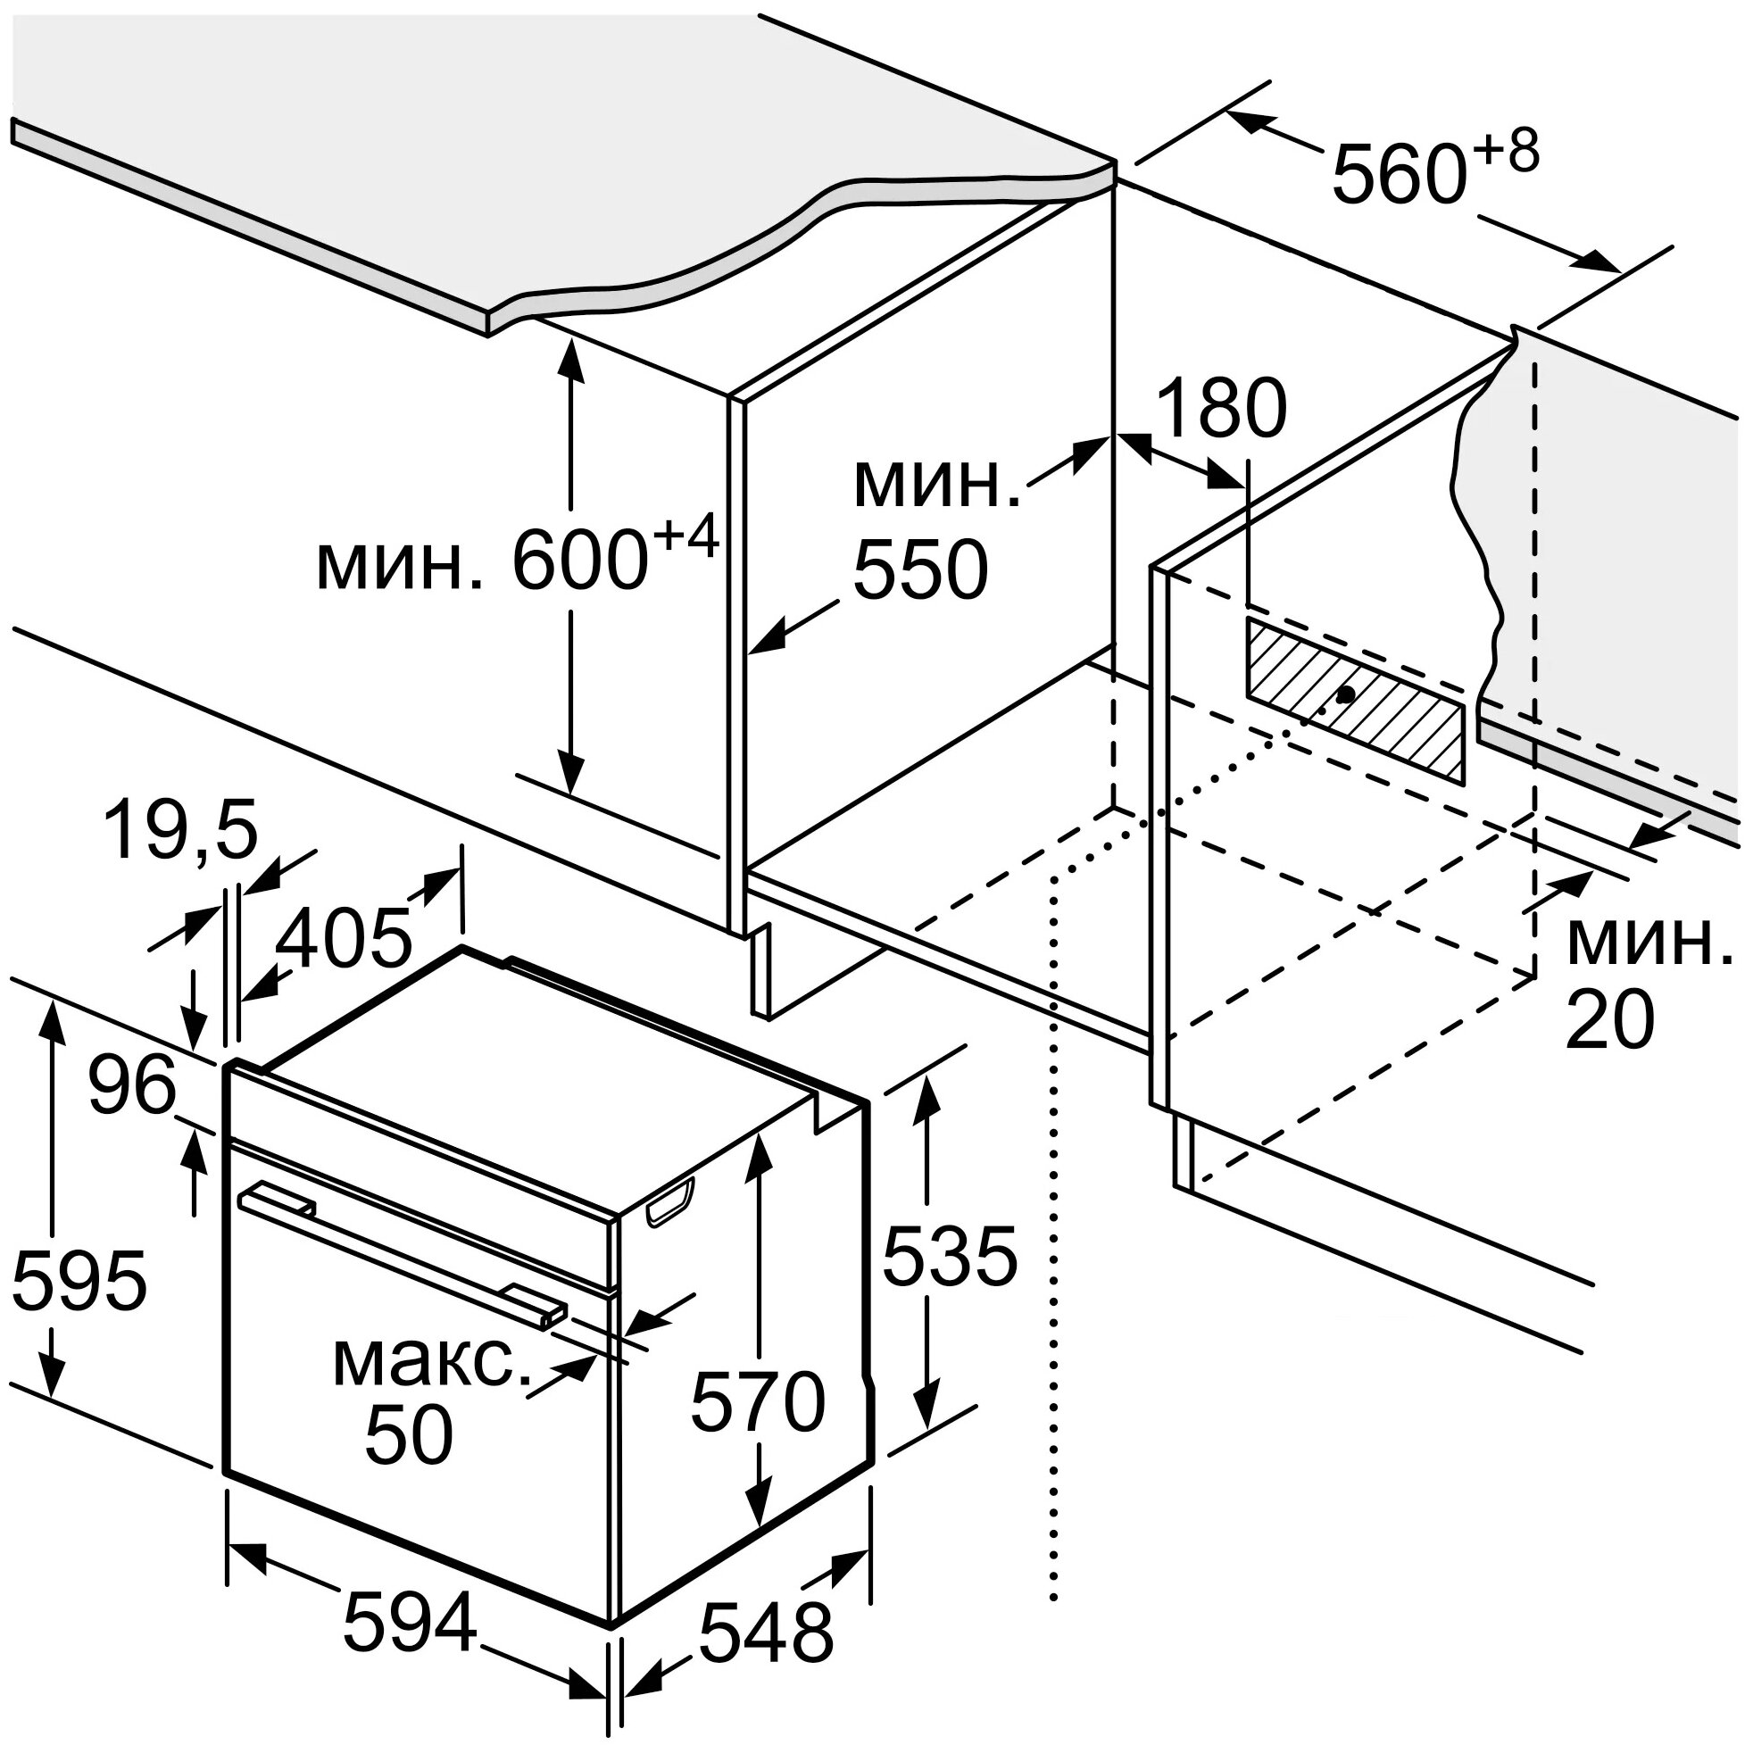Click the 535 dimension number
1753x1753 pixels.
tap(949, 1256)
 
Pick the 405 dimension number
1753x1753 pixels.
tap(343, 937)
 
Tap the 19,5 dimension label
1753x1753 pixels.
tap(180, 830)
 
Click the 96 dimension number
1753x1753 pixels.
tap(132, 1085)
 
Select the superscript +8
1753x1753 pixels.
tap(1506, 151)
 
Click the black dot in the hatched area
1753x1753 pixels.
tap(1346, 694)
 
